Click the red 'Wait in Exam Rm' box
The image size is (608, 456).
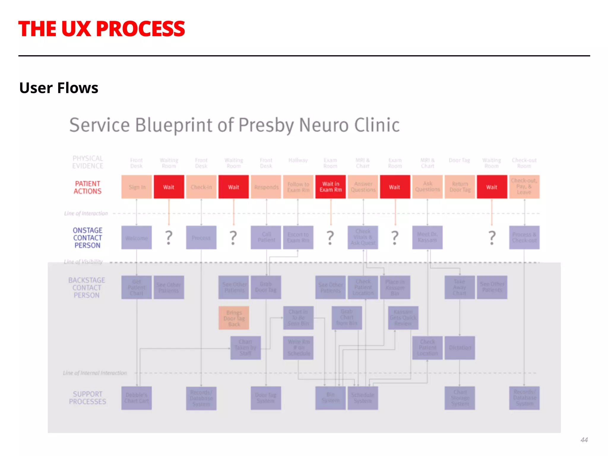pos(330,187)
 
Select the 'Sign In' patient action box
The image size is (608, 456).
pos(137,187)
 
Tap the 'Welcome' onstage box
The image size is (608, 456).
pos(137,237)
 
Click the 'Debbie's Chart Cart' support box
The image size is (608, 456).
pos(137,398)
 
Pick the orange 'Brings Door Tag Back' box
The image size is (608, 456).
pos(234,318)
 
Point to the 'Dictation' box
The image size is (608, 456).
pos(460,348)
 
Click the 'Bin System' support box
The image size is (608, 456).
pos(330,398)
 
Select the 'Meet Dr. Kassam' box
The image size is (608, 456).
pos(427,237)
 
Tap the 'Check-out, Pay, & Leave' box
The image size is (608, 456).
pos(524,187)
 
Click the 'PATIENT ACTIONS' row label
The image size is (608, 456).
pos(88,187)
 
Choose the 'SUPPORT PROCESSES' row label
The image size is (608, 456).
pos(87,398)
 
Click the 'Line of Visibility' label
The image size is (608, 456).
pos(83,262)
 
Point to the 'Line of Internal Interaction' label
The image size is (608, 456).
pos(95,373)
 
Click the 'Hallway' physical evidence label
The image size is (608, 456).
pos(298,160)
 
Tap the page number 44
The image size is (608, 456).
pos(584,440)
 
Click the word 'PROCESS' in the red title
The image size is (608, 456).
pos(140,29)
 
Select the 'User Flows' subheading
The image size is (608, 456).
pos(59,88)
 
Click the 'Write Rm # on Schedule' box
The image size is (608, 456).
pos(298,348)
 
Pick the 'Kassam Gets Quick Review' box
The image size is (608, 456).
pos(403,318)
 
